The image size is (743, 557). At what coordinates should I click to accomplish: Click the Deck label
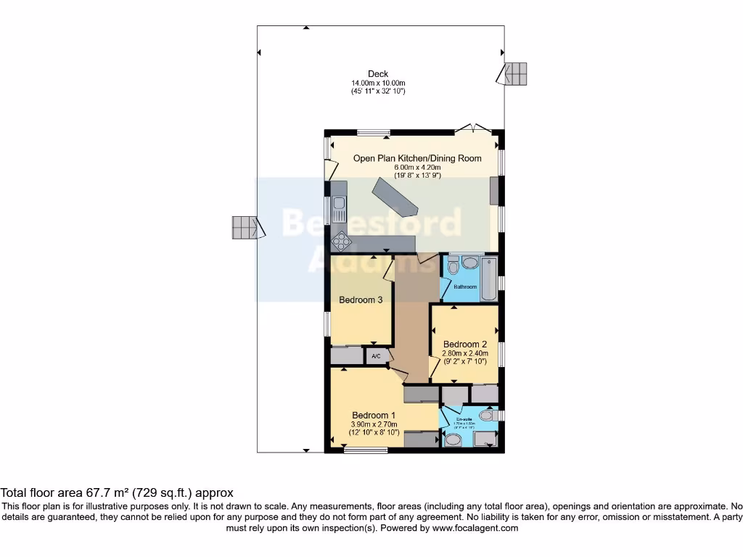pyautogui.click(x=377, y=73)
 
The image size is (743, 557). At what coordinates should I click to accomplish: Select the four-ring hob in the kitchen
pyautogui.click(x=340, y=241)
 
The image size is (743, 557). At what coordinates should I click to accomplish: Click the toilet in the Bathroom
pyautogui.click(x=453, y=266)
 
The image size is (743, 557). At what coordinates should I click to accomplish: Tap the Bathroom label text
pyautogui.click(x=465, y=287)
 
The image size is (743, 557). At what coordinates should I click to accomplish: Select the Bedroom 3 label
pyautogui.click(x=361, y=300)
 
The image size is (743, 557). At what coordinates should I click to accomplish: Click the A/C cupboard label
pyautogui.click(x=376, y=357)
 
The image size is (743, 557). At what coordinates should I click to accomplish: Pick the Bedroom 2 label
pyautogui.click(x=464, y=344)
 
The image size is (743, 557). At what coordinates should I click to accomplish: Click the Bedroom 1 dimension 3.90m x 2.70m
pyautogui.click(x=375, y=424)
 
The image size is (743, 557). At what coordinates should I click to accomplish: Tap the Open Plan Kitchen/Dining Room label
pyautogui.click(x=417, y=158)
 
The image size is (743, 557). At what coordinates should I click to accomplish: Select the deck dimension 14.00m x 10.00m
pyautogui.click(x=377, y=83)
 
